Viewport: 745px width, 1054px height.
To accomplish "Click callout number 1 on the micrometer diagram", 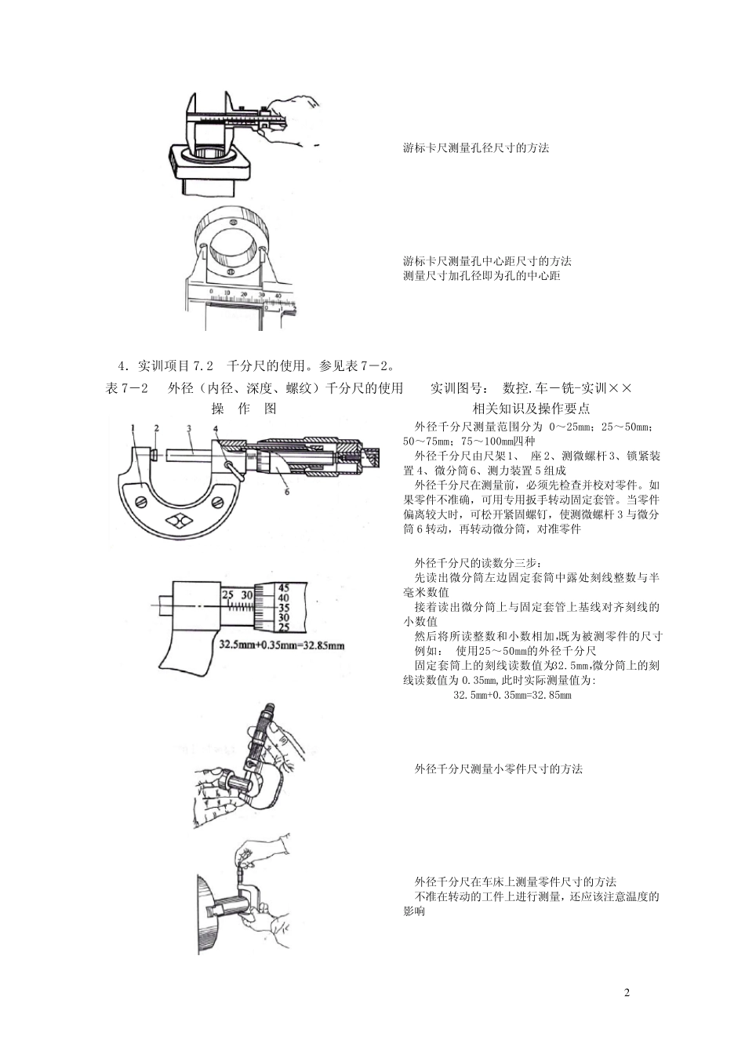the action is pos(134,427).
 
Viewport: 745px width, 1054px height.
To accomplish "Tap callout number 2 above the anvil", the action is pos(157,427).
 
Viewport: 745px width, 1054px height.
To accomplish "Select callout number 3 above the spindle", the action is pos(189,427).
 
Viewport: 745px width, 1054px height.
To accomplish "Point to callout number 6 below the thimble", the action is pos(287,493).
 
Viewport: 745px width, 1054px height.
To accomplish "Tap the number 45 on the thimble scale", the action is pos(284,587).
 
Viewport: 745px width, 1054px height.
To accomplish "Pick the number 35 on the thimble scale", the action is pos(284,607).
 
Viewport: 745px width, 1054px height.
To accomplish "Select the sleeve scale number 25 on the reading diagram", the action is pos(228,595).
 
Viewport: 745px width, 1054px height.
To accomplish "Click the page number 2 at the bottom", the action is pos(627,994).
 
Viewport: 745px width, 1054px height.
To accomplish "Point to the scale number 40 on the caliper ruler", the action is pos(278,295).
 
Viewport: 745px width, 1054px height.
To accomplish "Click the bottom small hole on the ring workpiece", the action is pos(231,271).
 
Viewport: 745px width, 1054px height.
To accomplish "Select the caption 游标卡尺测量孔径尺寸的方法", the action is pos(476,147).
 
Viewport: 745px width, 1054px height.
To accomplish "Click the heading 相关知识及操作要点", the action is pos(531,409).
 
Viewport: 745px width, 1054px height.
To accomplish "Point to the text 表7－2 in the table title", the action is pos(127,388).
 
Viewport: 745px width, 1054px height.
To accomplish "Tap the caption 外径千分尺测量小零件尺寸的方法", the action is pos(498,769).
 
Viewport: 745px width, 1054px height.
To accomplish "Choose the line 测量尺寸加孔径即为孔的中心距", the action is pos(482,276).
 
